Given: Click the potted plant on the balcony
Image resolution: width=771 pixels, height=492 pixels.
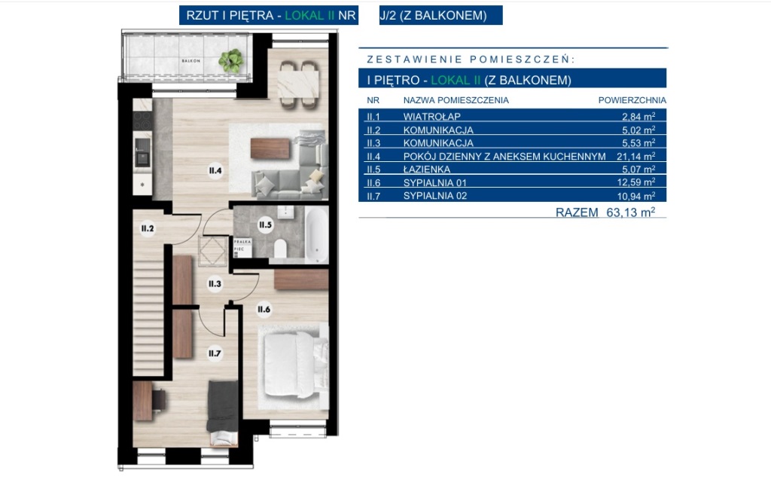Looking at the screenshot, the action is pyautogui.click(x=230, y=60).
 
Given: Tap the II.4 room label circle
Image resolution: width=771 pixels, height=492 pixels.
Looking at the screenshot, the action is pyautogui.click(x=215, y=171).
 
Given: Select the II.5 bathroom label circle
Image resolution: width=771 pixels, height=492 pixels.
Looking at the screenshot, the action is pyautogui.click(x=265, y=225).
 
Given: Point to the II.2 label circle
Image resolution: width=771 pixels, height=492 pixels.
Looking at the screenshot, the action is pyautogui.click(x=148, y=228).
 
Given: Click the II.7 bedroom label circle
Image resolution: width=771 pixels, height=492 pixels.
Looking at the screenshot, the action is pyautogui.click(x=215, y=353).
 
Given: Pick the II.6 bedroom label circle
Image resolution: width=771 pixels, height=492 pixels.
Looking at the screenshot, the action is pyautogui.click(x=264, y=310).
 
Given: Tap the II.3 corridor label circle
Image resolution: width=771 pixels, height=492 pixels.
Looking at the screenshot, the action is pyautogui.click(x=215, y=284).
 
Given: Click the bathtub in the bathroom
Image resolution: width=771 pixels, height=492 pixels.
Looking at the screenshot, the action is pyautogui.click(x=316, y=234).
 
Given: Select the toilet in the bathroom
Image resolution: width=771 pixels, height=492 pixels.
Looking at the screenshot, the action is pyautogui.click(x=280, y=249).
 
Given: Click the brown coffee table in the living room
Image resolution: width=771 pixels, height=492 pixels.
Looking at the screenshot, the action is pyautogui.click(x=270, y=148).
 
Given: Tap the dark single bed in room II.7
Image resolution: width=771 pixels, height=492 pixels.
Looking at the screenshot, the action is pyautogui.click(x=223, y=413).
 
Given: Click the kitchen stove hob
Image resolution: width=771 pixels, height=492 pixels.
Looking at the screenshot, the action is pyautogui.click(x=142, y=121).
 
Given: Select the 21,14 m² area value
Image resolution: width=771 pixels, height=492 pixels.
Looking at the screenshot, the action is pyautogui.click(x=635, y=156).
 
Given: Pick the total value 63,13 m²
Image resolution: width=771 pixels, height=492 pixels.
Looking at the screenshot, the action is pyautogui.click(x=630, y=212).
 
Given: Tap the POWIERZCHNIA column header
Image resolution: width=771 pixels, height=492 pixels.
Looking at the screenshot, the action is pyautogui.click(x=632, y=100).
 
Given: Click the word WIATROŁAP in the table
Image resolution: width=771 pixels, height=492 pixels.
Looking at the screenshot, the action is pyautogui.click(x=431, y=117).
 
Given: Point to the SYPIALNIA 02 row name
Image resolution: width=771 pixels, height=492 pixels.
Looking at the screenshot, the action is pyautogui.click(x=435, y=196).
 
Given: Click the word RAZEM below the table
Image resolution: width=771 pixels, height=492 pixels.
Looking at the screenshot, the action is pyautogui.click(x=577, y=212).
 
